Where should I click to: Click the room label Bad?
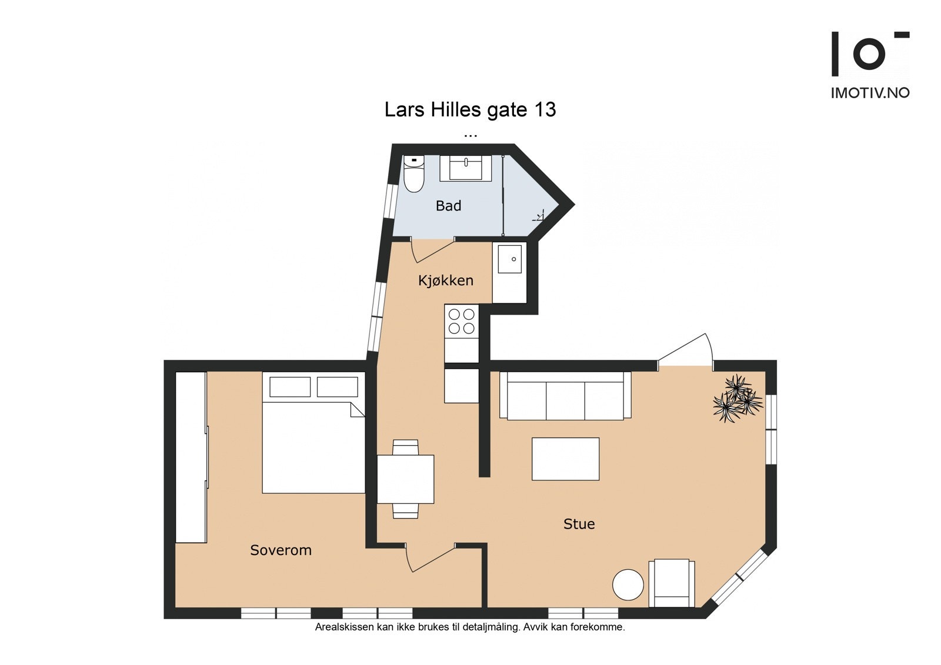[448, 206]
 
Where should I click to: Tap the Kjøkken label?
[446, 280]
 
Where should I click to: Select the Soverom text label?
[281, 550]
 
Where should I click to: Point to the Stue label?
[579, 524]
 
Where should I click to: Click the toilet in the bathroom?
[414, 173]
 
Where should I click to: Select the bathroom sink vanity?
[465, 168]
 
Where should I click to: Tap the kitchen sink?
[509, 259]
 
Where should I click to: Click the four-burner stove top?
[461, 322]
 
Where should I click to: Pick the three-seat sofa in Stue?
[565, 396]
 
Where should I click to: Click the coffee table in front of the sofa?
[565, 459]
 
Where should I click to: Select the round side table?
[628, 584]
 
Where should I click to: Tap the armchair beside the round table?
[672, 583]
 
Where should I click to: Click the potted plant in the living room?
[738, 398]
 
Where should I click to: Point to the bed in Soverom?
[313, 432]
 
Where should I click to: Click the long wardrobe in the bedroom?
[191, 457]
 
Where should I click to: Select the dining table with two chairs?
[405, 479]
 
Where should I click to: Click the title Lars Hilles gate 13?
[470, 109]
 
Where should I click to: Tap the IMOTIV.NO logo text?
[870, 93]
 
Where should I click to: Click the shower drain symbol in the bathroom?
[539, 216]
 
